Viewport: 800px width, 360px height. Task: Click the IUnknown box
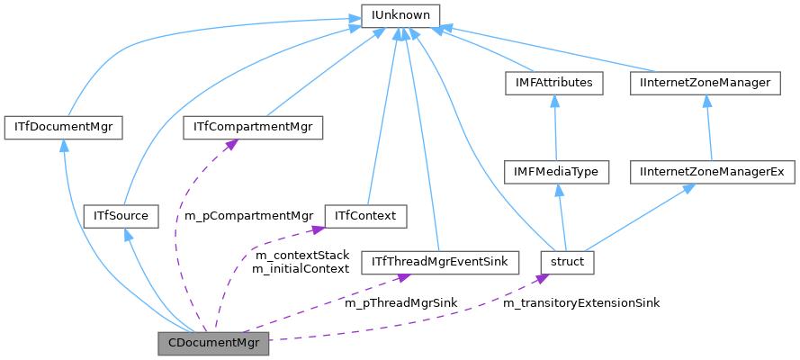tap(400, 15)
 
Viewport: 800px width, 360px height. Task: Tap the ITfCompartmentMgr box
tap(253, 127)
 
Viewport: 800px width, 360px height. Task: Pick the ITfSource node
tap(121, 216)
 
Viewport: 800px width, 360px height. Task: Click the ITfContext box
tap(365, 216)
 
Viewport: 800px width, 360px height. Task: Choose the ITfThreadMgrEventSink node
tap(435, 263)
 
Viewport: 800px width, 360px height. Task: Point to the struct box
tap(567, 263)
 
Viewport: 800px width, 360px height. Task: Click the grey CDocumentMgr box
tap(213, 344)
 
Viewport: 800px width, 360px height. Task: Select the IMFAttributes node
tap(553, 83)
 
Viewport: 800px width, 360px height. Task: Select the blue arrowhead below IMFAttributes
tap(554, 99)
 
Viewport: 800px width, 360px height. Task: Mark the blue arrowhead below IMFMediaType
tap(559, 187)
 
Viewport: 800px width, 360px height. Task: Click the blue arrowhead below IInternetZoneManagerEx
tap(688, 187)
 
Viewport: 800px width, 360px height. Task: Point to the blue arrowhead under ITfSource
tap(130, 233)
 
